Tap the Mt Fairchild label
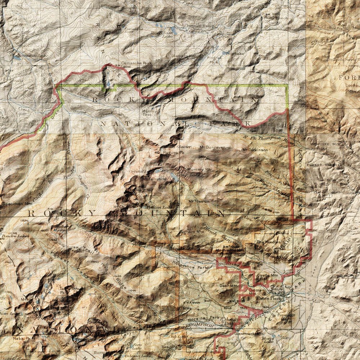pos(154,179)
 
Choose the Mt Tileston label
pos(199,201)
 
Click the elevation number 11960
pos(95,261)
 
